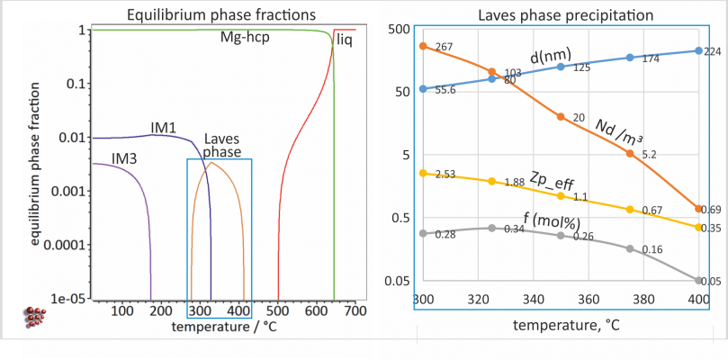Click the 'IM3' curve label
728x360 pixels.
click(x=124, y=158)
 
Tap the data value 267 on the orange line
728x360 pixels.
click(x=445, y=46)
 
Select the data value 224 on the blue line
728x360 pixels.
click(x=712, y=51)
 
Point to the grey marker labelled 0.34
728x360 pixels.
click(x=491, y=228)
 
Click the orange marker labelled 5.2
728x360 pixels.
click(x=630, y=154)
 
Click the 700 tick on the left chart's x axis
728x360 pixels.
click(x=355, y=311)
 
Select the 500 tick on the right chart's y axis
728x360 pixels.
click(x=400, y=29)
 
